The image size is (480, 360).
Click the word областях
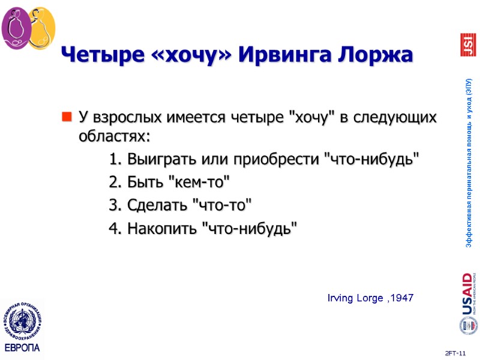114,136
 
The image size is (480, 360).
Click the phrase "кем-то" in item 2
202,182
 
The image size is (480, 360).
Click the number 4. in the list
116,228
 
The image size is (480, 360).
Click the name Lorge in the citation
367,298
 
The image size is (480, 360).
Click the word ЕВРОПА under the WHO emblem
22,348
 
